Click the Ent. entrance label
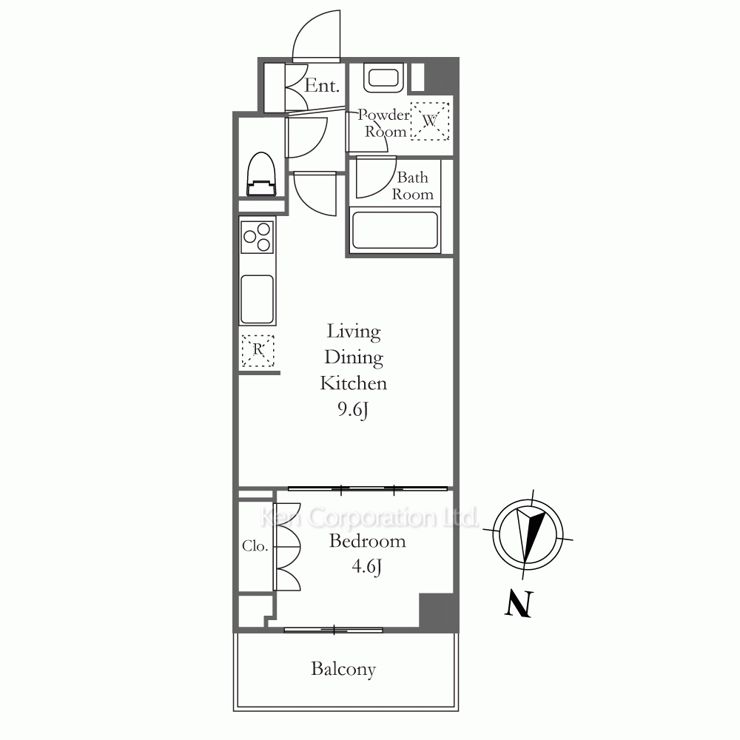(x=322, y=85)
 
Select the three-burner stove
(x=258, y=238)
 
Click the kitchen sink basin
(x=258, y=299)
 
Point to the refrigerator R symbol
(x=258, y=350)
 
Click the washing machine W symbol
(x=429, y=121)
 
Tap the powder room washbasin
(x=383, y=78)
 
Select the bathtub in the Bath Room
(x=395, y=230)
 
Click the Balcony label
(x=343, y=669)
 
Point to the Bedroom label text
(x=367, y=541)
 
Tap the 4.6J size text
(x=367, y=566)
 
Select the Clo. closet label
(x=255, y=546)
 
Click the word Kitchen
(x=354, y=383)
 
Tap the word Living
(x=354, y=332)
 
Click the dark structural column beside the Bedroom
(x=438, y=610)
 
